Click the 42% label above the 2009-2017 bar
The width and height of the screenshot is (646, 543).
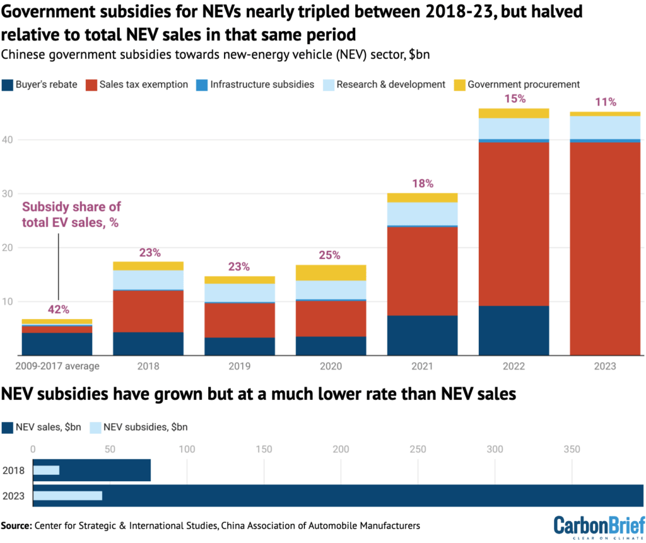pyautogui.click(x=59, y=310)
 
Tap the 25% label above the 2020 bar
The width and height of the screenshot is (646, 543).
pyautogui.click(x=329, y=255)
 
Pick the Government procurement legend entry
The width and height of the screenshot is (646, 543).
pyautogui.click(x=517, y=84)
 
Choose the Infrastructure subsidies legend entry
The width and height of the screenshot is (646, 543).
pyautogui.click(x=255, y=84)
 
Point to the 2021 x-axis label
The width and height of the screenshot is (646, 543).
pyautogui.click(x=421, y=366)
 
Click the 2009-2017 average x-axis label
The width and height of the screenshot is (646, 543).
pyautogui.click(x=57, y=366)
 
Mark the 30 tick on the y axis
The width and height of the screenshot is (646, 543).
pyautogui.click(x=8, y=194)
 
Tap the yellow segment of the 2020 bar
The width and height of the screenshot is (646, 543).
pyautogui.click(x=331, y=272)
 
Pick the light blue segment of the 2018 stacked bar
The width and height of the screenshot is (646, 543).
pyautogui.click(x=148, y=280)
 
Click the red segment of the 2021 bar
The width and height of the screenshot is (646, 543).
pyautogui.click(x=421, y=271)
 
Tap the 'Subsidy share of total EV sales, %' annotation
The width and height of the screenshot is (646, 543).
pyautogui.click(x=71, y=214)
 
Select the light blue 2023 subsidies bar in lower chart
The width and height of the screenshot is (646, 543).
pyautogui.click(x=68, y=496)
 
